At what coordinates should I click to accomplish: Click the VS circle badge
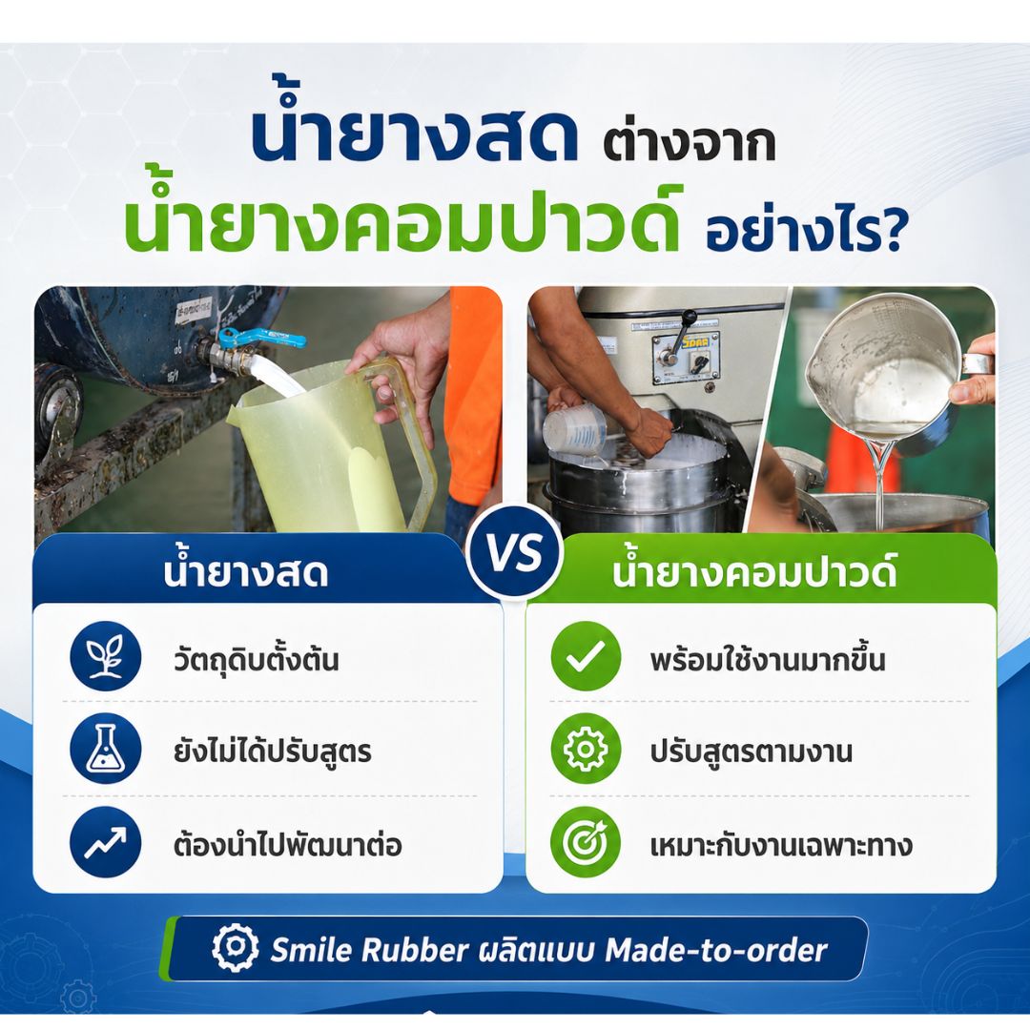[x=515, y=552]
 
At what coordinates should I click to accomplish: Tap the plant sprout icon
[x=106, y=656]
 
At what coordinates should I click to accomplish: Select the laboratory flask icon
[x=106, y=749]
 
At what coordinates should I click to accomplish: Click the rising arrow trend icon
[x=106, y=843]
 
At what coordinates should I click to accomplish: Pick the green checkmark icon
[x=586, y=656]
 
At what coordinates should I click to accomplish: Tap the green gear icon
[x=586, y=749]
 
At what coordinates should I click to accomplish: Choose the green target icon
[x=586, y=843]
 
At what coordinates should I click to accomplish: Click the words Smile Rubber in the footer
[x=370, y=950]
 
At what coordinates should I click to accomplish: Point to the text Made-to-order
[x=715, y=950]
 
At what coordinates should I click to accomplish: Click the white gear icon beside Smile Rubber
[x=236, y=948]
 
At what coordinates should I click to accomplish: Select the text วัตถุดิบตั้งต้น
[x=257, y=659]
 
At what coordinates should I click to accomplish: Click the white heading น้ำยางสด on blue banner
[x=246, y=571]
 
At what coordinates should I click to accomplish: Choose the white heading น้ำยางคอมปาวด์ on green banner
[x=754, y=571]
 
